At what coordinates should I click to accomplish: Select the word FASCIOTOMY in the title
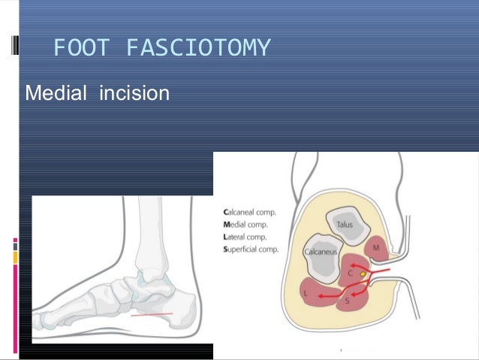coord(197,49)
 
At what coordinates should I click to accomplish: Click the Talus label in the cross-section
coord(345,223)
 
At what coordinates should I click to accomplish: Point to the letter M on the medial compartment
coord(375,247)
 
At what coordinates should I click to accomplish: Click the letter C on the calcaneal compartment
coord(349,274)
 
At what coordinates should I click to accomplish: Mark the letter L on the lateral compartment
coord(306,290)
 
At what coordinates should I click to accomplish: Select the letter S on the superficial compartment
coord(346,301)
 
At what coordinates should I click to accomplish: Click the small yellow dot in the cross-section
coord(363,276)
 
